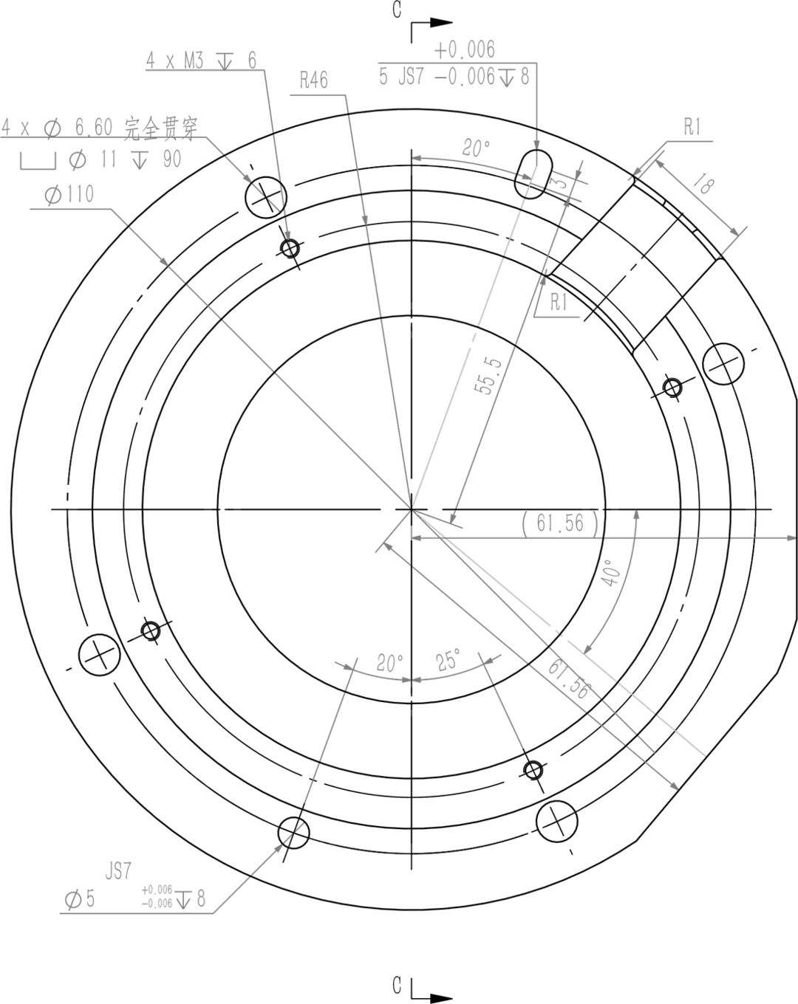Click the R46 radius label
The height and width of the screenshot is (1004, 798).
[314, 80]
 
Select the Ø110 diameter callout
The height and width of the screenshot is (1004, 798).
[69, 195]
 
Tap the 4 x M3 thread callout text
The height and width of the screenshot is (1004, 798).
[201, 61]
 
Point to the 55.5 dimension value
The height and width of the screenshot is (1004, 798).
[488, 375]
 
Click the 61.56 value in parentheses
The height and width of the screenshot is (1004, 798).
[561, 523]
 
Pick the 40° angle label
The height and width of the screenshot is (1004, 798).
[613, 573]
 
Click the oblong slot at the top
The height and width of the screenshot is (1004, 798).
[533, 174]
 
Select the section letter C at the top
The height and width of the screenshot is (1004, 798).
[398, 10]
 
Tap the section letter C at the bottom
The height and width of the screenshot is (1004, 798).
[398, 985]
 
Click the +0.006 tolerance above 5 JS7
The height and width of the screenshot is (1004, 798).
[464, 50]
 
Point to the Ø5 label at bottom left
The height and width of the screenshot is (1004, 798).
[80, 899]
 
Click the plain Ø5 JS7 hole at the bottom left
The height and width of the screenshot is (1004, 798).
[293, 833]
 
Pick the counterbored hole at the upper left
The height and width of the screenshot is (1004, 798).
[265, 197]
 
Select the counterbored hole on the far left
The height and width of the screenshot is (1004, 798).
[100, 654]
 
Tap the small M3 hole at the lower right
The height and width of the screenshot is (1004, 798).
[533, 771]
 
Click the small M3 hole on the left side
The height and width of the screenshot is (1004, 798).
[151, 631]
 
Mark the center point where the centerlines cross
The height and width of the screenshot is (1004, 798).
[412, 509]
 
